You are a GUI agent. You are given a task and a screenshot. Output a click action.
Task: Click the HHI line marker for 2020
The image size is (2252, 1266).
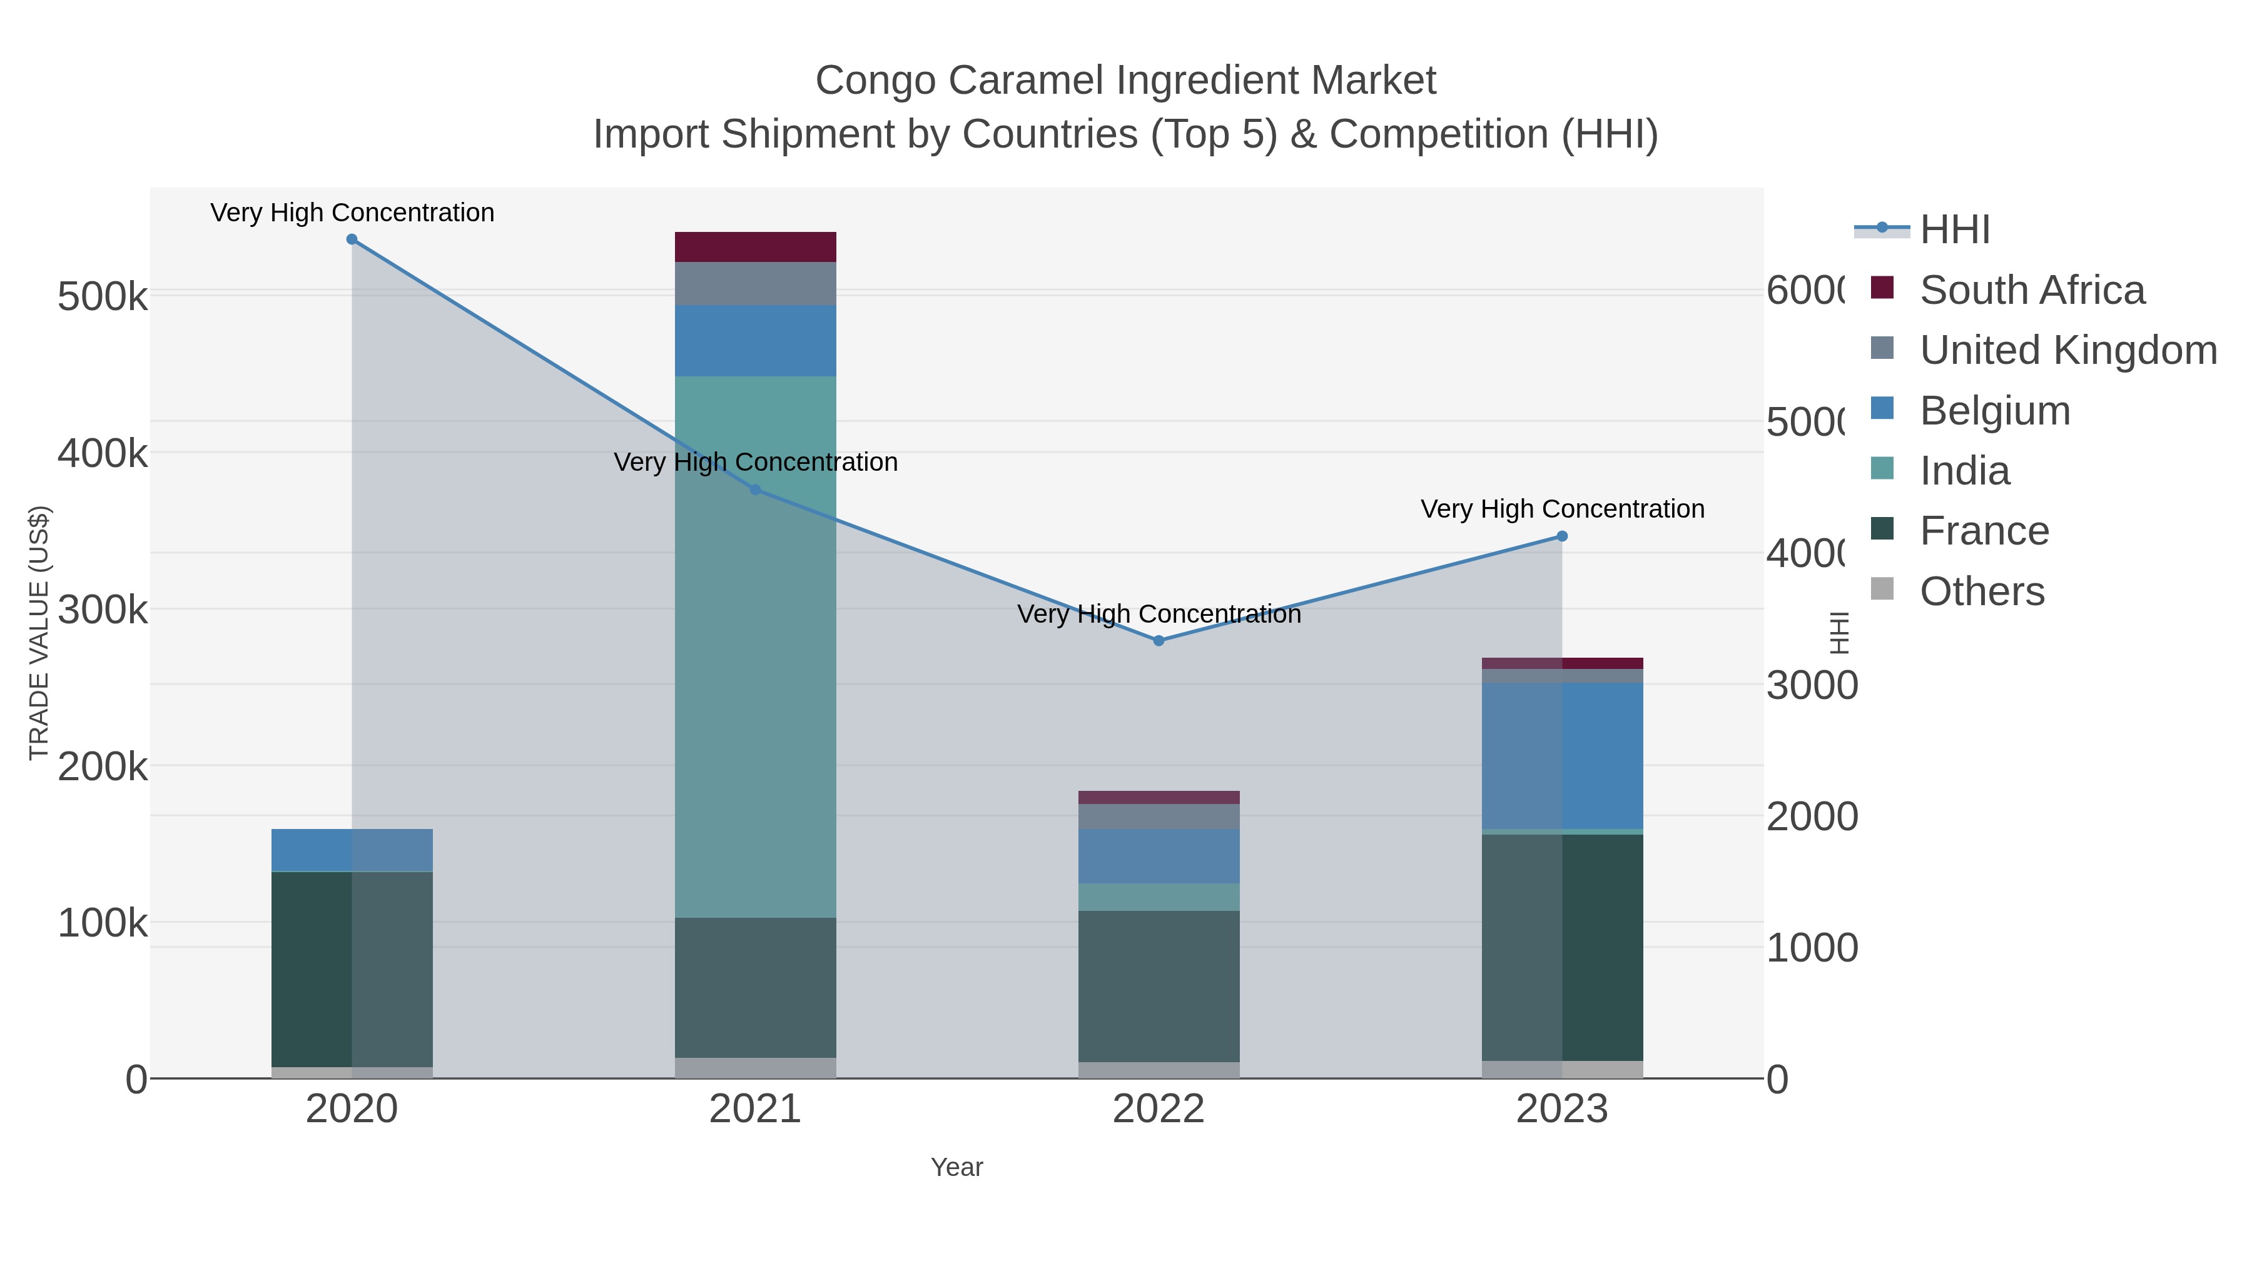tap(352, 239)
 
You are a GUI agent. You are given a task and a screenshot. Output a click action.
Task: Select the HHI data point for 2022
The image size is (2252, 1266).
tap(1159, 640)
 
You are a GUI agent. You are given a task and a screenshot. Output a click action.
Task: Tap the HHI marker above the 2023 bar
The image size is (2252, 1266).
tap(1562, 536)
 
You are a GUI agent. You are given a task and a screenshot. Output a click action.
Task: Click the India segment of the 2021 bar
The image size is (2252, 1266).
tap(755, 646)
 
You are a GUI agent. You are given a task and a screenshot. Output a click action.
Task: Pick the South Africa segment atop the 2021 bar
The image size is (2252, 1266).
tap(755, 247)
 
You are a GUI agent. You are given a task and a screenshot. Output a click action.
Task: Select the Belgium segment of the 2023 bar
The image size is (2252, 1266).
tap(1562, 756)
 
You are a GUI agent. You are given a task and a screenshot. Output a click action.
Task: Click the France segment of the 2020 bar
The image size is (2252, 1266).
tap(352, 969)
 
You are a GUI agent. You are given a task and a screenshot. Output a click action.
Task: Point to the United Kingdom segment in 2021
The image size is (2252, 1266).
tap(755, 284)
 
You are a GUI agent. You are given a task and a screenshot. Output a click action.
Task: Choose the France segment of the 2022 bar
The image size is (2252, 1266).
tap(1159, 987)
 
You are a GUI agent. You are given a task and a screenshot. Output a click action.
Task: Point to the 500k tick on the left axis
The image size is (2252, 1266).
tap(103, 297)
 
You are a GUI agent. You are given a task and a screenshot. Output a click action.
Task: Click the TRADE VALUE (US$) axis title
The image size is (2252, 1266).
tap(39, 633)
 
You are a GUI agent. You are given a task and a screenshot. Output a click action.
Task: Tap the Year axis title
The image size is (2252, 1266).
tap(956, 1167)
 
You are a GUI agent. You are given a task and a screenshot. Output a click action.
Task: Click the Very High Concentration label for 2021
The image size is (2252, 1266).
tap(755, 462)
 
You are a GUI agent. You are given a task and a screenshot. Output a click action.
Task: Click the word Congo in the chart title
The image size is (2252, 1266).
tap(876, 81)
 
